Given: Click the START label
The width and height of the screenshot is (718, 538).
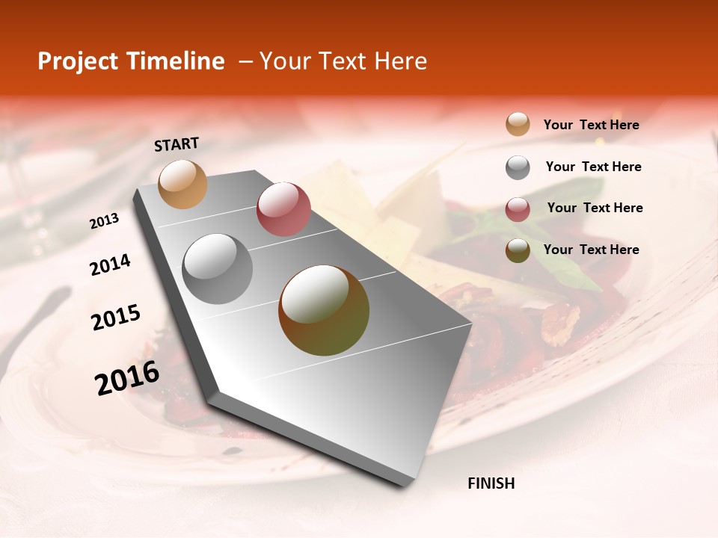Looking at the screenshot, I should (177, 144).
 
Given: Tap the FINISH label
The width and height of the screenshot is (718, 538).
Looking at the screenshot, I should (491, 483).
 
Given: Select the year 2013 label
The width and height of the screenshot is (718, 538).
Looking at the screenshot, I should (104, 221).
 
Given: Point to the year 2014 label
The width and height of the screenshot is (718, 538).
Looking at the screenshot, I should (110, 265).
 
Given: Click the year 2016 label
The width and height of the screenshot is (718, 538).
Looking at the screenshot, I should (127, 378).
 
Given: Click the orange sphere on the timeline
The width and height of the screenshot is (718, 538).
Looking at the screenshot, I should (182, 184).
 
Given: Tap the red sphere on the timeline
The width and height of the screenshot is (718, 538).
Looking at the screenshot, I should (283, 208).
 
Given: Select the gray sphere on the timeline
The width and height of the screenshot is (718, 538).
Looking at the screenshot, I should (218, 269).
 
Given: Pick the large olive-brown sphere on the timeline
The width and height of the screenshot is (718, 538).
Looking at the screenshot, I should (324, 310).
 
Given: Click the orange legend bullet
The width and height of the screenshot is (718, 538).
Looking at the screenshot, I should (518, 125).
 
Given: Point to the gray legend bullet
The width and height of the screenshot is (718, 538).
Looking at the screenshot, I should (518, 167).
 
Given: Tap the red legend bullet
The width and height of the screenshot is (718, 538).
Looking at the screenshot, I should (518, 209).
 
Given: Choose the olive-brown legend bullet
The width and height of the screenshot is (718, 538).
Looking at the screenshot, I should (518, 250).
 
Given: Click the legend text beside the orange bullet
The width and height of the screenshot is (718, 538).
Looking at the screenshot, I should (591, 125).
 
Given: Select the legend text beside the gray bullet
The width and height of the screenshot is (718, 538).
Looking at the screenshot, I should (593, 167).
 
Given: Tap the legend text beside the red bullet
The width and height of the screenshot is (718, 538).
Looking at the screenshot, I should (595, 208).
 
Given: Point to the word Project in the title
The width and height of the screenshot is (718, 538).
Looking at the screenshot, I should (79, 61).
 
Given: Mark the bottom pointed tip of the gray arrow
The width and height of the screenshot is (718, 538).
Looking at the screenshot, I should (404, 486).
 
